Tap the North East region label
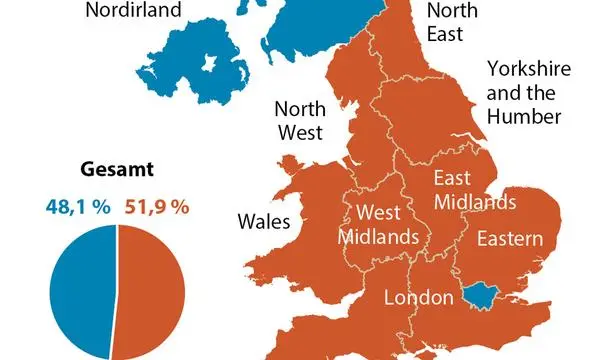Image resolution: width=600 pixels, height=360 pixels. coord(445,22)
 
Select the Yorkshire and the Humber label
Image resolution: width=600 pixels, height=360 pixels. coord(531,92)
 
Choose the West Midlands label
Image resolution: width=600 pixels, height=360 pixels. coord(379,225)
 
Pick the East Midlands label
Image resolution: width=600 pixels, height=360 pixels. coord(474,190)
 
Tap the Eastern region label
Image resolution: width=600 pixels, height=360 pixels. coord(509,239)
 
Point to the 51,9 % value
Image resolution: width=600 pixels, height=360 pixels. coord(156,207)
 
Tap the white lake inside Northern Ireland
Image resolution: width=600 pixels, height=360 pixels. coord(209,66)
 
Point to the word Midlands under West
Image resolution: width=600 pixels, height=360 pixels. coord(379,237)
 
